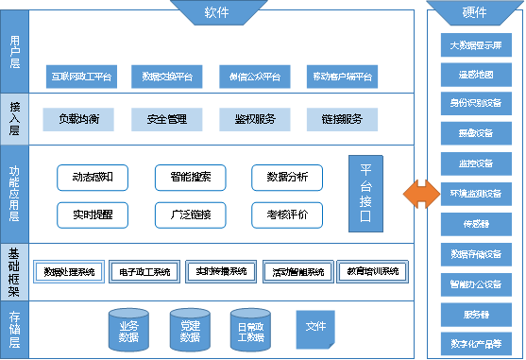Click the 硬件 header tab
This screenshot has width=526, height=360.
pos(476,11)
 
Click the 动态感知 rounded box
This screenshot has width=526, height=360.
pos(93,177)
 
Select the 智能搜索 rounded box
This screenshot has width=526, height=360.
pos(190,177)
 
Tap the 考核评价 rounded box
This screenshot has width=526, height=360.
pos(287,214)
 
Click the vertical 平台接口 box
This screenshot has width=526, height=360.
pos(365,194)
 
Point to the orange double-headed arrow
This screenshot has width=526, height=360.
pos(418,194)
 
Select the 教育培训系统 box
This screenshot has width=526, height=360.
pos(368,272)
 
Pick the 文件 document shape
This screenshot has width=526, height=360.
pos(314,326)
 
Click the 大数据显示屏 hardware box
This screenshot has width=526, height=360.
pos(476,44)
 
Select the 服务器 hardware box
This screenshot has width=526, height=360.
pos(476,313)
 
